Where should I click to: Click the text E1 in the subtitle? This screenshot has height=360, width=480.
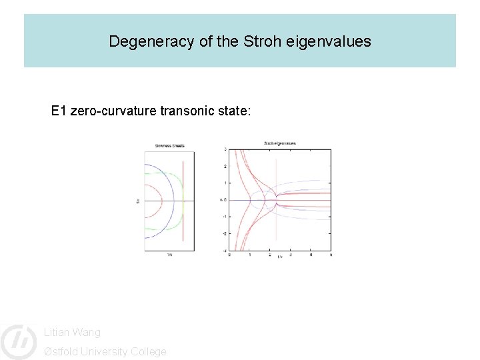pos(59,111)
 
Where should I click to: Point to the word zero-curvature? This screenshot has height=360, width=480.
pos(114,111)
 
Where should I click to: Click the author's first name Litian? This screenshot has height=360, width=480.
pos(56,332)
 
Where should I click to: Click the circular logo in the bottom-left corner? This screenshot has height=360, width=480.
pos(18,341)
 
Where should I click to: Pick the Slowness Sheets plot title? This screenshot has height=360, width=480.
pos(169,145)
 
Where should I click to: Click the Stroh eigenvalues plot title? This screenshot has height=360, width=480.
pos(280,143)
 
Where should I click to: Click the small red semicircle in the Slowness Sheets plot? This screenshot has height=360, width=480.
pos(160,200)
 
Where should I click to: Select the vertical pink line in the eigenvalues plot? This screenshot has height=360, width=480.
pos(276,227)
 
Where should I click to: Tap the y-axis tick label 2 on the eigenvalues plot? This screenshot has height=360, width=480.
pos(225,166)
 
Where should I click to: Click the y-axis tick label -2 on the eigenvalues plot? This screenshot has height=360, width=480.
pos(225,233)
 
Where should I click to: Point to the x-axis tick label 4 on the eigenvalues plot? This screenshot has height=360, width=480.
pos(311,255)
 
